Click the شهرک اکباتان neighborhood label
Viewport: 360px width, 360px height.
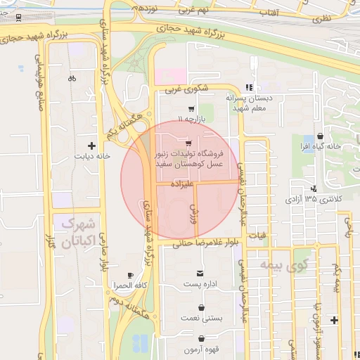[77, 234]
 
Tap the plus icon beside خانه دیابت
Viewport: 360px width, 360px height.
[91, 144]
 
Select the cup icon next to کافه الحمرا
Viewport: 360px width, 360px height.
[129, 275]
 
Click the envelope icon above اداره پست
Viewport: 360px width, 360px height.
[202, 272]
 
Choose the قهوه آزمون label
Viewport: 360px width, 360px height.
[202, 349]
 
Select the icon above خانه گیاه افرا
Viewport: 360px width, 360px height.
[321, 136]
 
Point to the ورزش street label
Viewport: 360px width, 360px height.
[194, 212]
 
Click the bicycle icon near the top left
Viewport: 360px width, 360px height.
[72, 79]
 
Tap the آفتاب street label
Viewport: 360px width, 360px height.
[270, 13]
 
